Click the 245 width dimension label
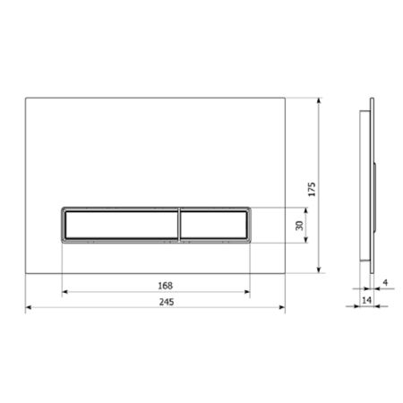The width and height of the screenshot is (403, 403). pos(167,302)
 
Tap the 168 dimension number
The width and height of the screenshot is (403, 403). pos(165,286)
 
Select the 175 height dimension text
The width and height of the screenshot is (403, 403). pos(312,189)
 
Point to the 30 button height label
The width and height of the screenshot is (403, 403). pos(299,226)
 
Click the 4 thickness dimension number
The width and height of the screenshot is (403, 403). pos(385,282)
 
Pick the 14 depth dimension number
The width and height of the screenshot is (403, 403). pos(366,300)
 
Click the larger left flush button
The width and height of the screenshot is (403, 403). pos(122,225)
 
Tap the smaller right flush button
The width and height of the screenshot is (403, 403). pos(214,225)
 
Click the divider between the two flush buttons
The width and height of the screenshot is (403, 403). pos(179,225)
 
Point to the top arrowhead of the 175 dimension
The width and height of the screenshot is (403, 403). pos(319,100)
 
